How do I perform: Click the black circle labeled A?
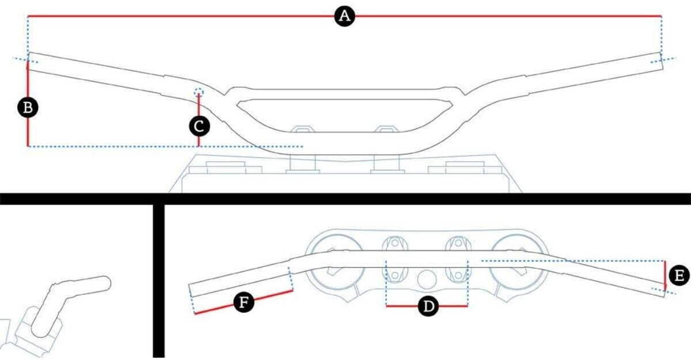point(344,16)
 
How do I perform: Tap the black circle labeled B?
point(28,108)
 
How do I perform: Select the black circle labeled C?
point(199,126)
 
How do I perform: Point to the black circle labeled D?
point(428,306)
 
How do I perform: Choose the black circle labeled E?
point(679,275)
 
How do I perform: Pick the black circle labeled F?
point(244,302)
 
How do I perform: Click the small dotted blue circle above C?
point(199,92)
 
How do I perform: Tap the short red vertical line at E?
point(665,275)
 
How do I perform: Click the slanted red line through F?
point(244,302)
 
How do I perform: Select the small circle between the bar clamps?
point(427,279)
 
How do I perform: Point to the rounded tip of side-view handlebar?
point(105,283)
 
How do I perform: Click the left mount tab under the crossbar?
point(303,129)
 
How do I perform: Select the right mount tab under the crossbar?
point(386,129)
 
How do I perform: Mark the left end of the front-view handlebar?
point(28,62)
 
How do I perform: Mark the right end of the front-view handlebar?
point(662,62)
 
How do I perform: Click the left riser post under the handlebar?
point(303,163)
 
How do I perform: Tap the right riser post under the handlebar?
point(386,163)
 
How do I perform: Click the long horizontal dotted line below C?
point(165,146)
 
